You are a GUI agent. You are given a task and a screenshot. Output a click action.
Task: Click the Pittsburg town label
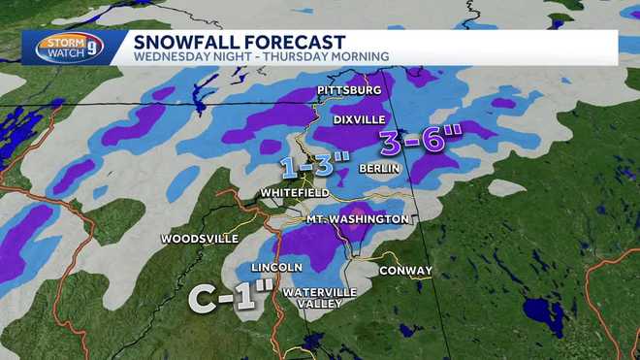344,90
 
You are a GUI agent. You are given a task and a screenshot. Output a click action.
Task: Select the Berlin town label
375,168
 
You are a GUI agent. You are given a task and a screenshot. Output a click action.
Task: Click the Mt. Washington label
357,219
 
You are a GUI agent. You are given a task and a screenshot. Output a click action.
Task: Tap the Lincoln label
277,266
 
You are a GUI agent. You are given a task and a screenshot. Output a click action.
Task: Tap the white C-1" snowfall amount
227,296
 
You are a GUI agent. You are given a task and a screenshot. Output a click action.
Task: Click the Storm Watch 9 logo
65,48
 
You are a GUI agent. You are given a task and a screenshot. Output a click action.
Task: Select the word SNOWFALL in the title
182,42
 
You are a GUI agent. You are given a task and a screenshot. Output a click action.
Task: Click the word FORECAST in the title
290,42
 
